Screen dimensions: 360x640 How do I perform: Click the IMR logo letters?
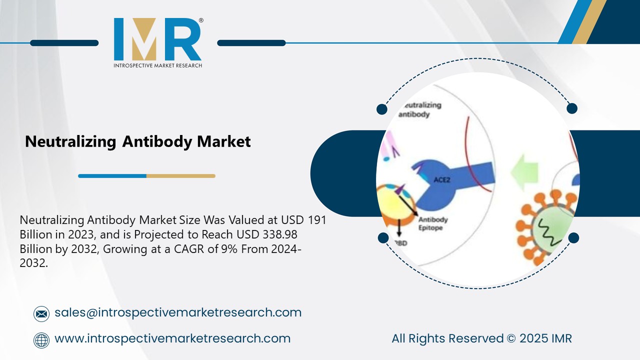(x=157, y=39)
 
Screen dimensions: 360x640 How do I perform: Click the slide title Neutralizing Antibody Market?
(x=137, y=141)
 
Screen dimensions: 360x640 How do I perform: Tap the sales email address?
(x=177, y=312)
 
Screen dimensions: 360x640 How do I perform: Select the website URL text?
(x=172, y=338)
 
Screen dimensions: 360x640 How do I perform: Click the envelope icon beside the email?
(x=41, y=314)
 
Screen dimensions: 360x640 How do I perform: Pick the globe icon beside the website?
(x=41, y=340)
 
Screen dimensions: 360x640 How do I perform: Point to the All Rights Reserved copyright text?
(x=481, y=338)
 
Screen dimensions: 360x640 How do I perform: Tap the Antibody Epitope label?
(x=432, y=223)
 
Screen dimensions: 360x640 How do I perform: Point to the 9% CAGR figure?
(x=228, y=249)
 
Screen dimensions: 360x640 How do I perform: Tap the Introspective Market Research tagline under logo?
(x=157, y=65)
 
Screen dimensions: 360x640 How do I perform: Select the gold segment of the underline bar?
(x=180, y=176)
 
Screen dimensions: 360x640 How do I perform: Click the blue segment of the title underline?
(x=112, y=176)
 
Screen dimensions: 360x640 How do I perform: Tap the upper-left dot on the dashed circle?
(x=382, y=109)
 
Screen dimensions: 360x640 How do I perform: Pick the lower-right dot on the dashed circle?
(x=573, y=237)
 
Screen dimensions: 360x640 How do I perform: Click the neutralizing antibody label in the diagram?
(x=420, y=109)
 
